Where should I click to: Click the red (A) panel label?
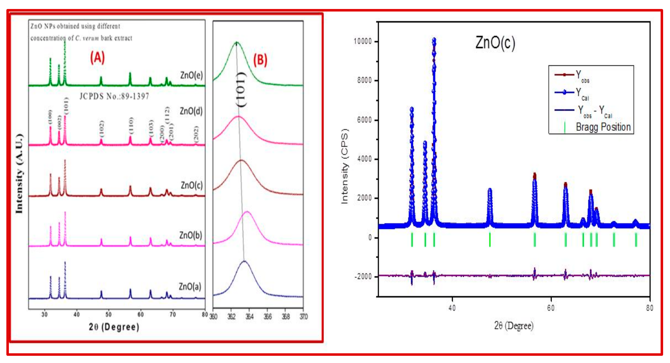[97, 58]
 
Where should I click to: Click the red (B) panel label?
[260, 60]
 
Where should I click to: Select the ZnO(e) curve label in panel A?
[191, 75]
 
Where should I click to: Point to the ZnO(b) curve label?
[190, 235]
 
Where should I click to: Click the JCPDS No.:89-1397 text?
[114, 96]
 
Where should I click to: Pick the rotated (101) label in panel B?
[241, 89]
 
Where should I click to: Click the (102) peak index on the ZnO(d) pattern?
[102, 128]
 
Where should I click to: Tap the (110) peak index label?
[131, 125]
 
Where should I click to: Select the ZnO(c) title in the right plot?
[495, 43]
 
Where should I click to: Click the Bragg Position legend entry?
[603, 127]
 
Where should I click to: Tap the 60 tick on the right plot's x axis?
[551, 308]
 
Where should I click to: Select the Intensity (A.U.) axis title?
[19, 173]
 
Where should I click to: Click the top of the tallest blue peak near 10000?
[434, 40]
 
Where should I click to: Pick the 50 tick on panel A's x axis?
[108, 314]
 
